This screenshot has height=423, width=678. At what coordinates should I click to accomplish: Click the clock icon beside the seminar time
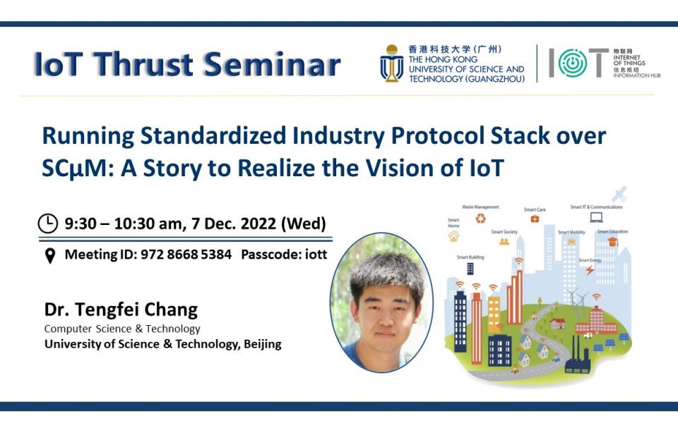click(48, 224)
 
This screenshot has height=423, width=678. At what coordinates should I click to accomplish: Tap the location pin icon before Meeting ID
click(49, 255)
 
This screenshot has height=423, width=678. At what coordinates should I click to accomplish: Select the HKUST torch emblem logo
click(391, 63)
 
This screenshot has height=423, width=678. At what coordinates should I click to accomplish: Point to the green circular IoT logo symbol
click(572, 63)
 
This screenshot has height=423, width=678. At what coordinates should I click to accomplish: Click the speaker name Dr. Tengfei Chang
click(121, 309)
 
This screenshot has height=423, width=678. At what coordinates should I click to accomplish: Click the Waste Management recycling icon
click(481, 219)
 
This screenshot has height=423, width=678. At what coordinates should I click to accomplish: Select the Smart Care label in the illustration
click(535, 209)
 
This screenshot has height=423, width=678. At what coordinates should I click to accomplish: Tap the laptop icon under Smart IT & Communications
click(596, 218)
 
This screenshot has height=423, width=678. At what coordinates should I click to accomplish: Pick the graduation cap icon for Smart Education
click(612, 242)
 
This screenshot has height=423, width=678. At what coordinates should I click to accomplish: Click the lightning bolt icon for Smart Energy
click(590, 269)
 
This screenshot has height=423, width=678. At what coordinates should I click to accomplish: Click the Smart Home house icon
click(453, 236)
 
